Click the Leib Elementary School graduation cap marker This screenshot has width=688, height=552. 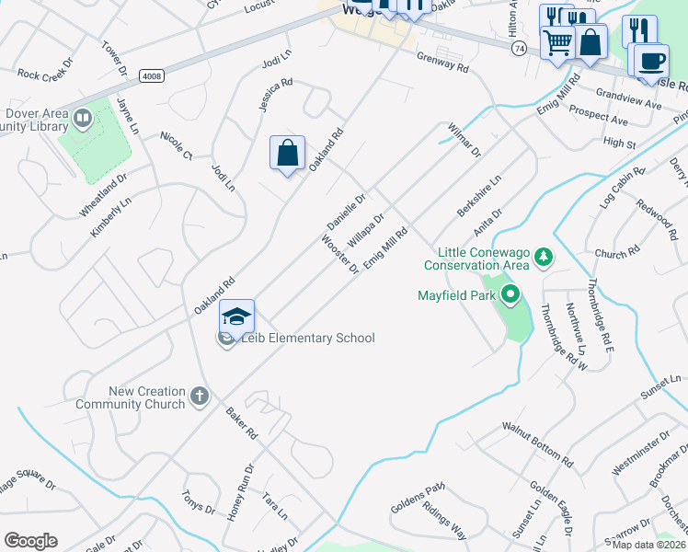[236, 316]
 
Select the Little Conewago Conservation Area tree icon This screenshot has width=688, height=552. [544, 256]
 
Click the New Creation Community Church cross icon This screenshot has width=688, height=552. [200, 397]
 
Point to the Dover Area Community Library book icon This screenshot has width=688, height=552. [83, 118]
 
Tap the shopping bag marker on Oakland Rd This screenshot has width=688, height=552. [287, 153]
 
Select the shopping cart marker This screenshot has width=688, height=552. [557, 41]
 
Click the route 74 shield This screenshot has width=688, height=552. [521, 47]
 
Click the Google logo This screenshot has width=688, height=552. [30, 541]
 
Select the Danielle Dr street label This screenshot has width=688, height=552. [348, 212]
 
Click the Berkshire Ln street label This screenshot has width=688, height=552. [478, 197]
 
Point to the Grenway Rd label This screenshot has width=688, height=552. [442, 63]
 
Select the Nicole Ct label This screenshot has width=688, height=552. [176, 143]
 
